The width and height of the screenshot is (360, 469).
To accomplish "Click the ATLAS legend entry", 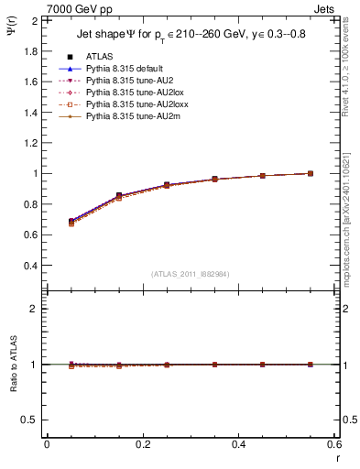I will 98,56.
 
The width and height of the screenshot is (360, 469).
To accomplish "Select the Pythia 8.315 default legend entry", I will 120,68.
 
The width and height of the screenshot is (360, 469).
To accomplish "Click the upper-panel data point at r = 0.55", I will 311,173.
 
